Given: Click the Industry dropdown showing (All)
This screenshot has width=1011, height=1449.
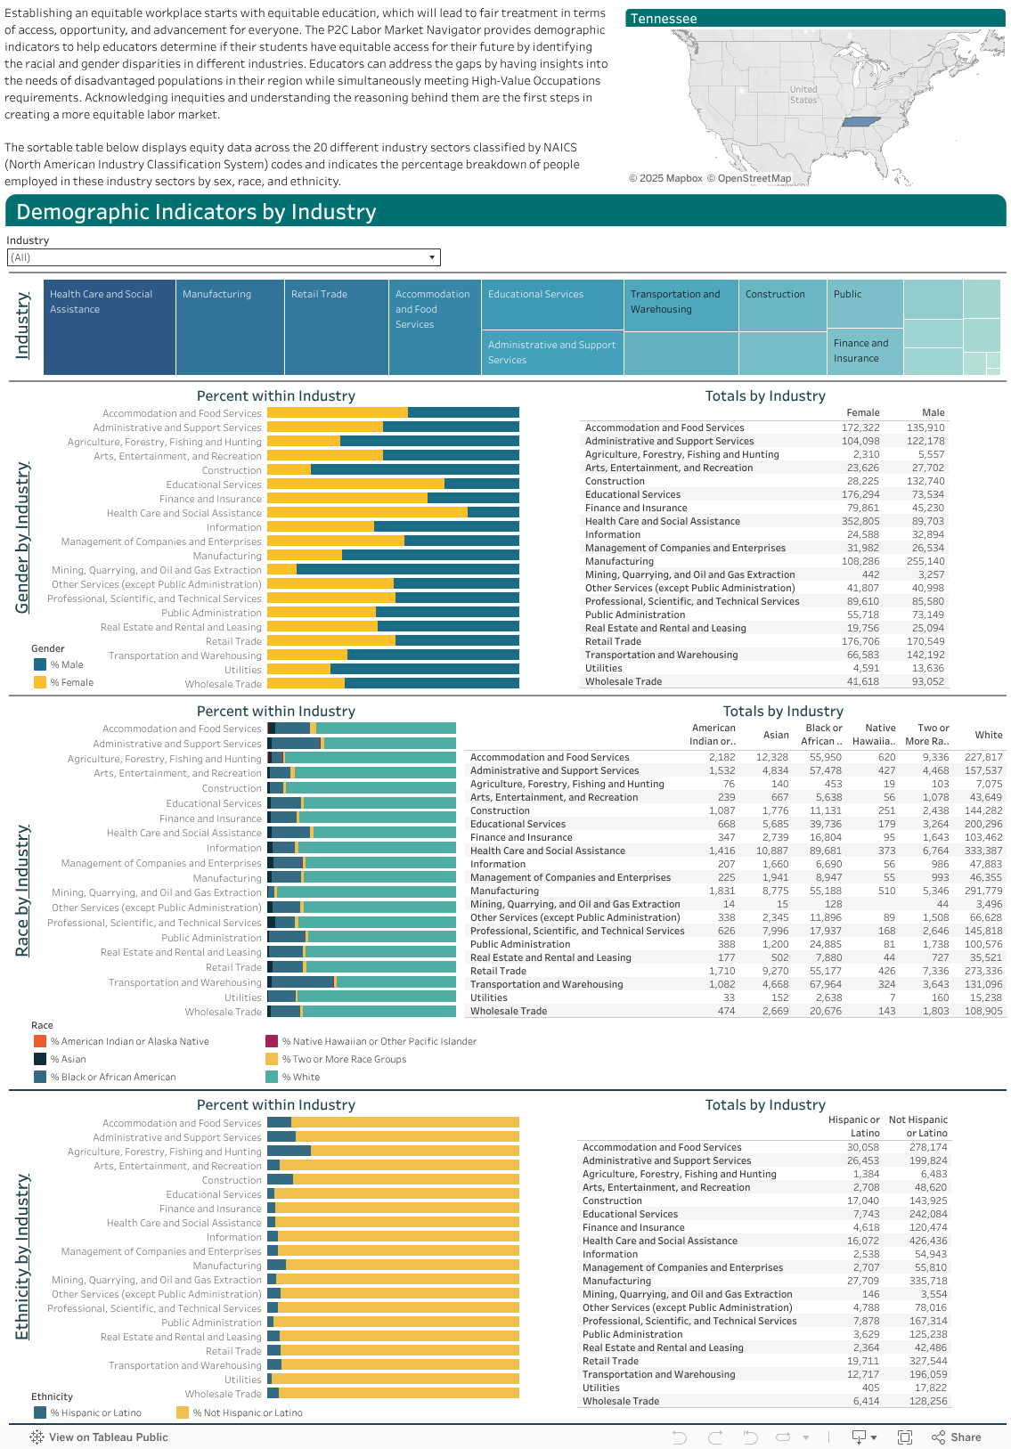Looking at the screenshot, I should click(x=223, y=257).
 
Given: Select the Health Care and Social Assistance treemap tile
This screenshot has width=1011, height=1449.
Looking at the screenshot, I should click(x=109, y=328).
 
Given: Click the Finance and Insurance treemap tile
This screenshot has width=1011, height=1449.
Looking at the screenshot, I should click(x=864, y=351).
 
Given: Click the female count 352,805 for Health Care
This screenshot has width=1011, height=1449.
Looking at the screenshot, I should click(x=860, y=521).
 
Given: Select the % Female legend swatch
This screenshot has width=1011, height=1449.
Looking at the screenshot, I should click(x=40, y=682).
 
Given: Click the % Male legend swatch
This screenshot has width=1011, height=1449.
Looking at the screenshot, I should click(x=40, y=664).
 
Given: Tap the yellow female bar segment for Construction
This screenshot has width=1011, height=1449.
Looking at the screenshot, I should click(x=289, y=470).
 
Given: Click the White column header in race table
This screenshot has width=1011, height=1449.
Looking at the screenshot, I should click(x=988, y=735).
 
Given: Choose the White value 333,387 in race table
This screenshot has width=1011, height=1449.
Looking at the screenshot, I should click(x=983, y=851).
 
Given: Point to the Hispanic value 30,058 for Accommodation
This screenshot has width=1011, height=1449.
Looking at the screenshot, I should click(x=862, y=1147).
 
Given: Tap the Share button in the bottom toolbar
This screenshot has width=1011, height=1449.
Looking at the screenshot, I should click(x=957, y=1437).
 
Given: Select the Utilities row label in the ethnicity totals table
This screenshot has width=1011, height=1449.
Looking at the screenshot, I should click(x=601, y=1388).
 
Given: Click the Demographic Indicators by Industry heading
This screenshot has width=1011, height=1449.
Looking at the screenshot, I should click(x=196, y=212).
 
